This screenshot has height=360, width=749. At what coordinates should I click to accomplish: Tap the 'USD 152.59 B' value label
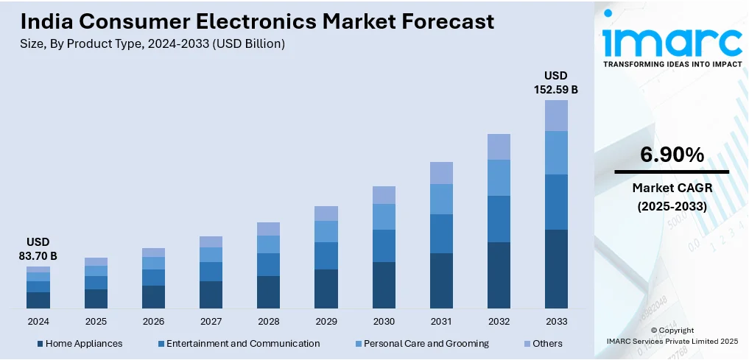pos(556,82)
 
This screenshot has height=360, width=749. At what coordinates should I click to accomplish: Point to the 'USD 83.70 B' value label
pos(38,249)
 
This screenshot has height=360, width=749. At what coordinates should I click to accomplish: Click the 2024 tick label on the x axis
pos(38,322)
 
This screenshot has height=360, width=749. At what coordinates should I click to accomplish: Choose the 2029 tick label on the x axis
pos(326,322)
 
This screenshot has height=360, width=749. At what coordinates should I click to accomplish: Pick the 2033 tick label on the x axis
pos(556,322)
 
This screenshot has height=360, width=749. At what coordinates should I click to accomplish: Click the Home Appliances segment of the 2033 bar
pos(556,269)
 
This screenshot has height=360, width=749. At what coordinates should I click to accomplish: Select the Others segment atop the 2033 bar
pos(556,116)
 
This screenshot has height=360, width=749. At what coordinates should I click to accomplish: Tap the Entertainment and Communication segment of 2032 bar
pos(499,219)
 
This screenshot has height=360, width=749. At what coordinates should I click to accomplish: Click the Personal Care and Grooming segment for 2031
pos(441,199)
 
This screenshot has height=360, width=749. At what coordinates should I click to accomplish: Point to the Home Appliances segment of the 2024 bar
pos(38,300)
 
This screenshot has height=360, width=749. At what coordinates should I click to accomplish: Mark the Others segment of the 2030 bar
pos(384,195)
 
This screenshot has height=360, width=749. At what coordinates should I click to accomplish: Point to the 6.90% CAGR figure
pos(672,155)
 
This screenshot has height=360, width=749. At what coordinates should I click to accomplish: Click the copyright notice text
pos(672,336)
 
